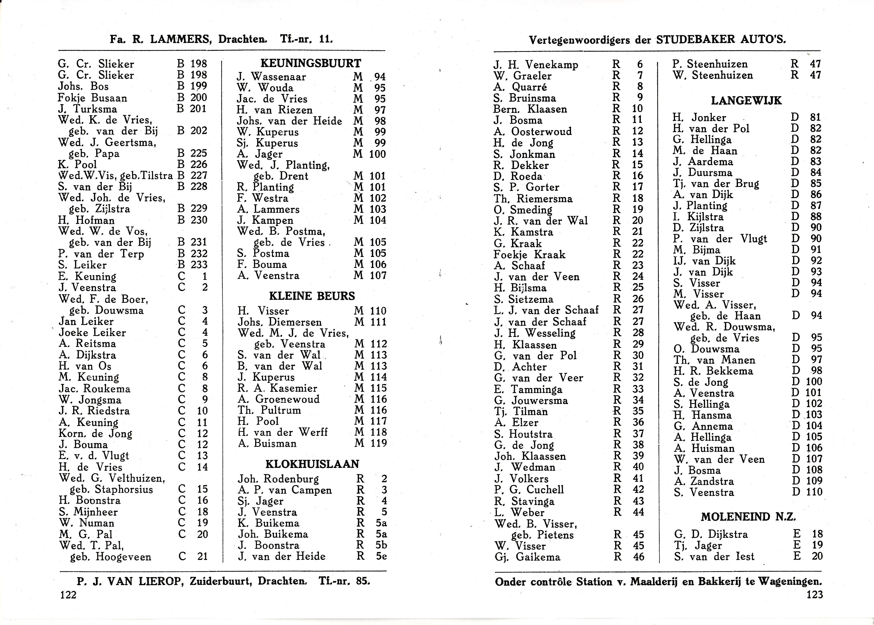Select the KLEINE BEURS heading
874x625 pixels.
[312, 296]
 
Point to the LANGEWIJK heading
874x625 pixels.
[746, 101]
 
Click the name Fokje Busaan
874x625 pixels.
[92, 98]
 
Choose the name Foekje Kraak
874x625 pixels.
[529, 254]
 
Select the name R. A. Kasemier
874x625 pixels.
[277, 388]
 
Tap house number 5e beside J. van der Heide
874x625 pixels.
[381, 556]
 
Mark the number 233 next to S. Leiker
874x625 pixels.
[199, 265]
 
